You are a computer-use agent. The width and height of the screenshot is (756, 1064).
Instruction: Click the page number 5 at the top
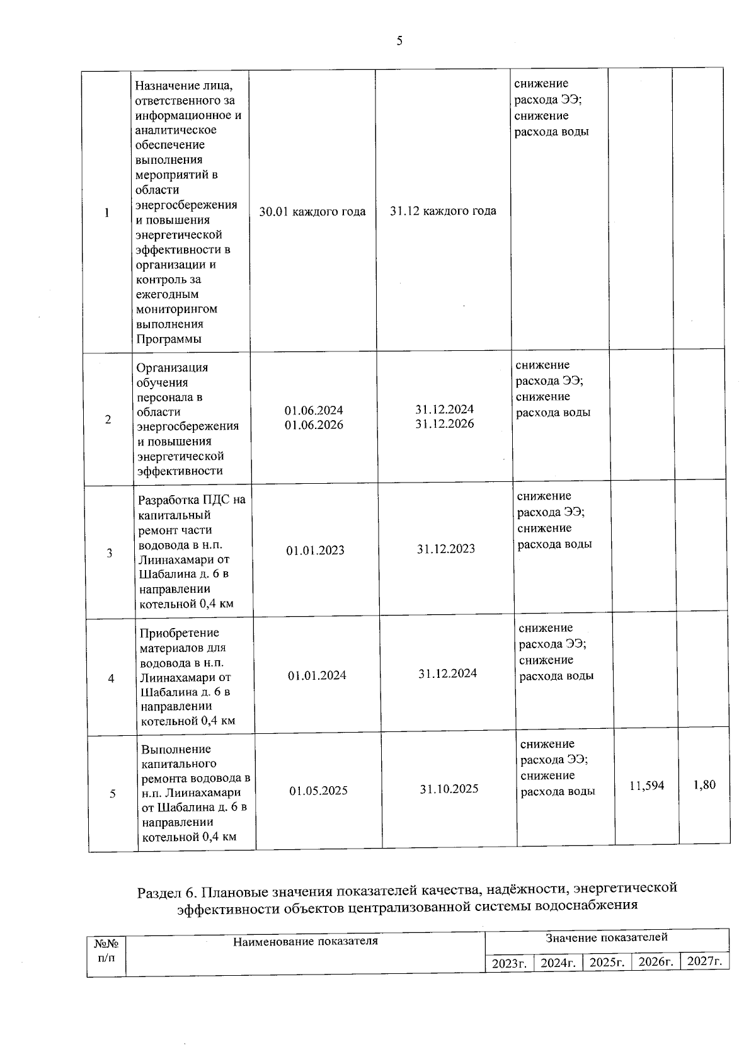click(x=399, y=42)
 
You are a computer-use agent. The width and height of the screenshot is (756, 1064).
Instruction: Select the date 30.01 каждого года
click(x=312, y=212)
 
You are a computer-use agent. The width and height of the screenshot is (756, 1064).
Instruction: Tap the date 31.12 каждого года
click(x=443, y=211)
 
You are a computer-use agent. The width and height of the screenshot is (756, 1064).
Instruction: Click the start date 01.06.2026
click(x=314, y=425)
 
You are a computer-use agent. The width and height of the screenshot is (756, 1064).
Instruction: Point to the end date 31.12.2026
click(x=445, y=424)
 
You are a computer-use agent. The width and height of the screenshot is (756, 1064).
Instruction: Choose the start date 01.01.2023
click(x=315, y=551)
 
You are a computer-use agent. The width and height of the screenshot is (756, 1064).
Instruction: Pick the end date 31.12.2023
click(x=446, y=549)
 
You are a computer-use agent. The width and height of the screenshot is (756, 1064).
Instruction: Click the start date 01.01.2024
click(x=317, y=675)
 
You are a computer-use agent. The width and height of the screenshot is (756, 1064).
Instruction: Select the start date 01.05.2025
click(x=318, y=791)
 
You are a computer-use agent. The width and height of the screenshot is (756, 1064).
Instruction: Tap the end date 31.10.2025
click(x=449, y=789)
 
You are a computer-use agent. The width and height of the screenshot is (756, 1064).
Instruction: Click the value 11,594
click(x=646, y=786)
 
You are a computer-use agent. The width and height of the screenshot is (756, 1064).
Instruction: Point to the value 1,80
click(x=704, y=785)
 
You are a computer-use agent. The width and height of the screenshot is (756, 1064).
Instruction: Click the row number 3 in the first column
click(x=110, y=554)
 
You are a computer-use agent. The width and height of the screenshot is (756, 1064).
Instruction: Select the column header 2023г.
click(x=509, y=963)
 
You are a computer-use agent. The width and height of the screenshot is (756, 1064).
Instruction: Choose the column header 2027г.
click(x=704, y=961)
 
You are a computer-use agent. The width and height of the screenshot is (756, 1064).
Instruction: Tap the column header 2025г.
click(x=607, y=963)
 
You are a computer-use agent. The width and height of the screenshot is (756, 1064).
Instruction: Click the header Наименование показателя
click(x=306, y=941)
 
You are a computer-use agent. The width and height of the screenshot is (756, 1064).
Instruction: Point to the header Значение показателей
click(x=606, y=937)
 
